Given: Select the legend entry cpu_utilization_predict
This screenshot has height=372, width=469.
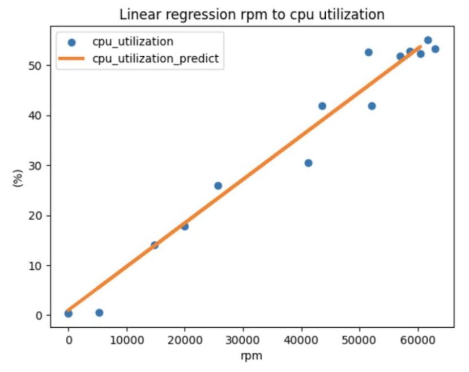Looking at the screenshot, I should tap(155, 58).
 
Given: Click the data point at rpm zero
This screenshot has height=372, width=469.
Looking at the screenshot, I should tap(69, 313).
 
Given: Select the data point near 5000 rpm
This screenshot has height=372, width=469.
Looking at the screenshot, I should tap(99, 312).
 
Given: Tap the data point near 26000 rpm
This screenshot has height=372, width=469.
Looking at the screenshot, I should tap(218, 185).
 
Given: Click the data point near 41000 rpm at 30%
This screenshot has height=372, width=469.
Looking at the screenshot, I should tap(308, 163).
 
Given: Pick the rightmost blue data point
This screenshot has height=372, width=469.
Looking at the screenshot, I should tap(435, 49).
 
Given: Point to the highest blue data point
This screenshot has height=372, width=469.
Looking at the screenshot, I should tap(428, 40).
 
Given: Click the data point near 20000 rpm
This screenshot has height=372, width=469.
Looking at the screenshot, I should tap(185, 226).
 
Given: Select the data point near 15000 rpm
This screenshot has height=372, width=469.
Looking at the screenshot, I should tap(155, 245).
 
